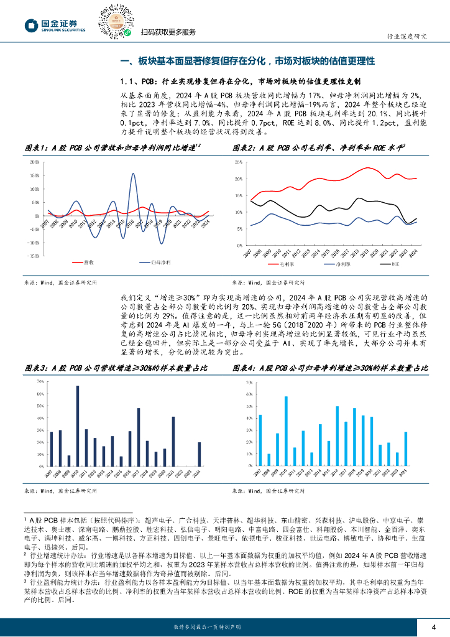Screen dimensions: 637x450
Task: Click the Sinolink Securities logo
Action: tap(54, 24)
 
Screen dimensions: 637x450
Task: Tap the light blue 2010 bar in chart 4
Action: tap(286, 432)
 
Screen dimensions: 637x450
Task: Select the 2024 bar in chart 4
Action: tap(406, 450)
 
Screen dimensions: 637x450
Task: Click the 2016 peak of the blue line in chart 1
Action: tap(133, 174)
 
